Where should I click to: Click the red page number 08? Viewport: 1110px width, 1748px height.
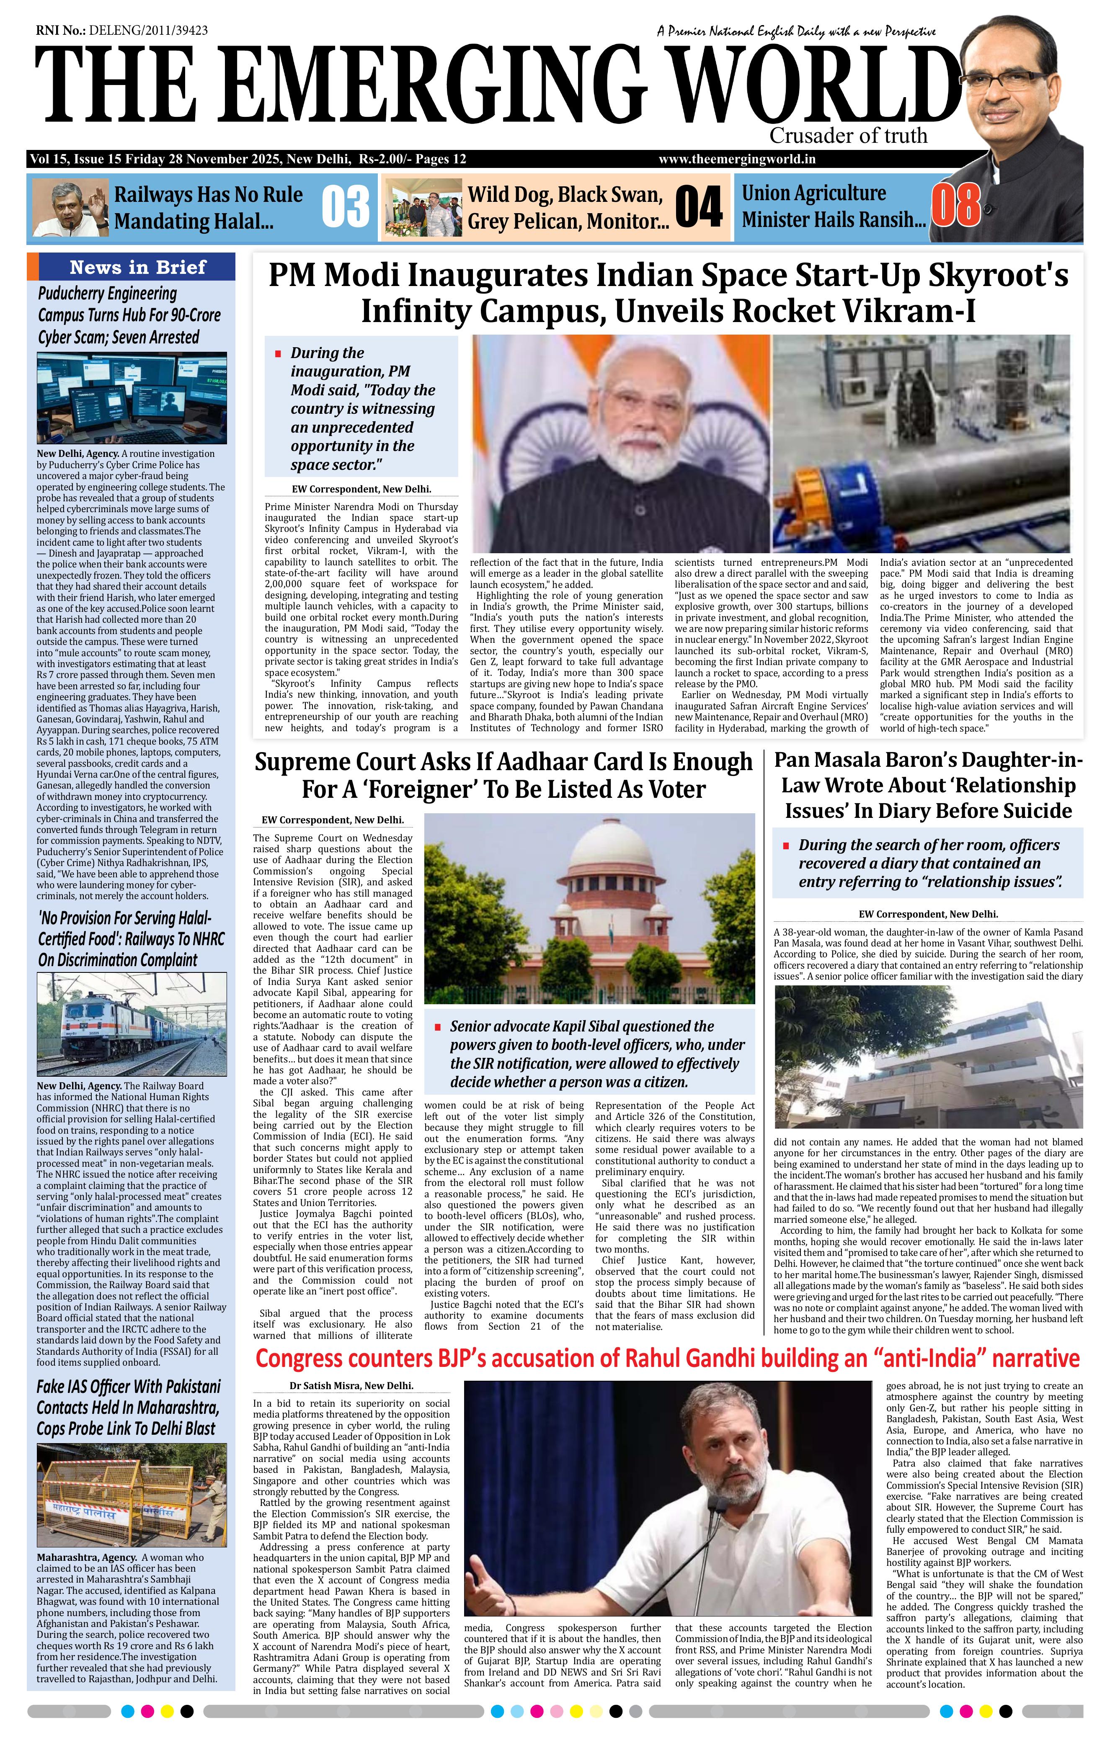[x=956, y=206]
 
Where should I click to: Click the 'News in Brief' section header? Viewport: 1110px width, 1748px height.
[x=138, y=267]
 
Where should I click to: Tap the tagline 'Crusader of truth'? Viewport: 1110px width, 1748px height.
[x=848, y=136]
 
